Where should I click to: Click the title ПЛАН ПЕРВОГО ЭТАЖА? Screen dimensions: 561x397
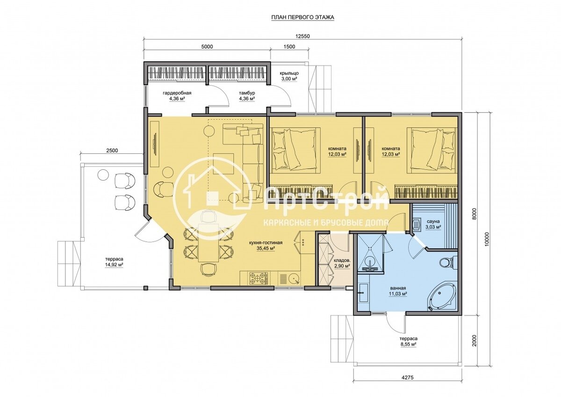tap(302, 17)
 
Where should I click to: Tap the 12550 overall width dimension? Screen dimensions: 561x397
tap(302, 36)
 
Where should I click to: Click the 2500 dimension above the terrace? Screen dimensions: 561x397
tap(112, 151)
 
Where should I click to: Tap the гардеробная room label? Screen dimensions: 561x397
tap(177, 93)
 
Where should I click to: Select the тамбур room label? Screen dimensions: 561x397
tap(247, 93)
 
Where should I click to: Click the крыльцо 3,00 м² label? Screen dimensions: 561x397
tap(289, 76)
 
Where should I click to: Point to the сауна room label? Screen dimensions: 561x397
tap(433, 222)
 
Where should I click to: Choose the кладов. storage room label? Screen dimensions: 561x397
tap(340, 260)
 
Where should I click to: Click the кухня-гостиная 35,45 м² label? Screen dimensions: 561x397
tap(266, 245)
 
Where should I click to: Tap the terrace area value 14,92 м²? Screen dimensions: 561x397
tap(114, 265)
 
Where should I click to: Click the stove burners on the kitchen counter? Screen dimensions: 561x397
tap(258, 278)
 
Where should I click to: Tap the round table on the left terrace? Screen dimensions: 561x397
tap(103, 174)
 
